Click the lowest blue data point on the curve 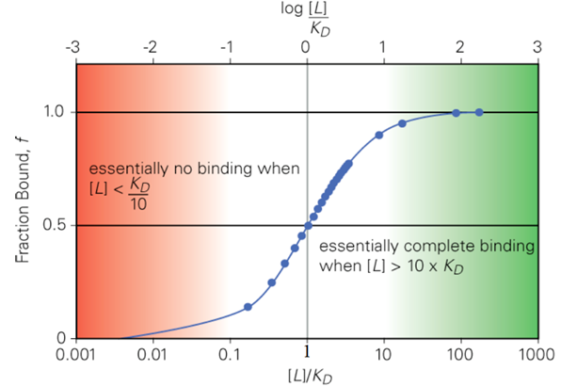pos(248,307)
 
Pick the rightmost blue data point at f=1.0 pos(479,113)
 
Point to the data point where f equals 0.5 pos(308,226)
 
